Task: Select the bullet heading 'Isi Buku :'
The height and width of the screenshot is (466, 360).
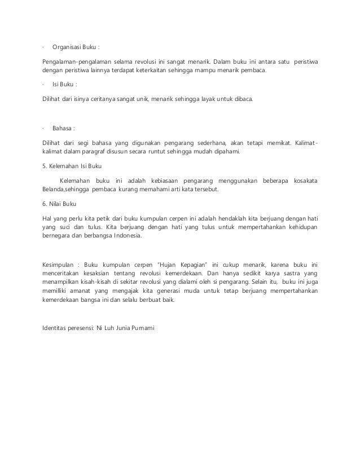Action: [x=64, y=85]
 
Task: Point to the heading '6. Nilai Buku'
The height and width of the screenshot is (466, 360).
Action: [x=63, y=203]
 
